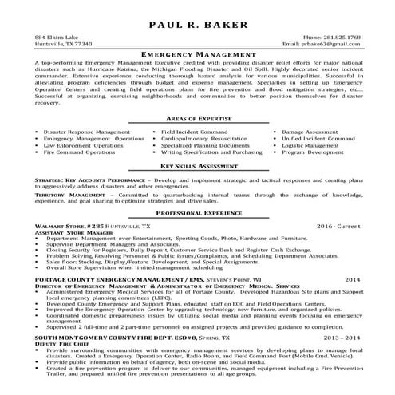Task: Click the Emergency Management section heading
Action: click(x=197, y=53)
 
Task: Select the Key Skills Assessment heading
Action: click(x=197, y=166)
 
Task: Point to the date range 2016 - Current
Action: click(x=338, y=227)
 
